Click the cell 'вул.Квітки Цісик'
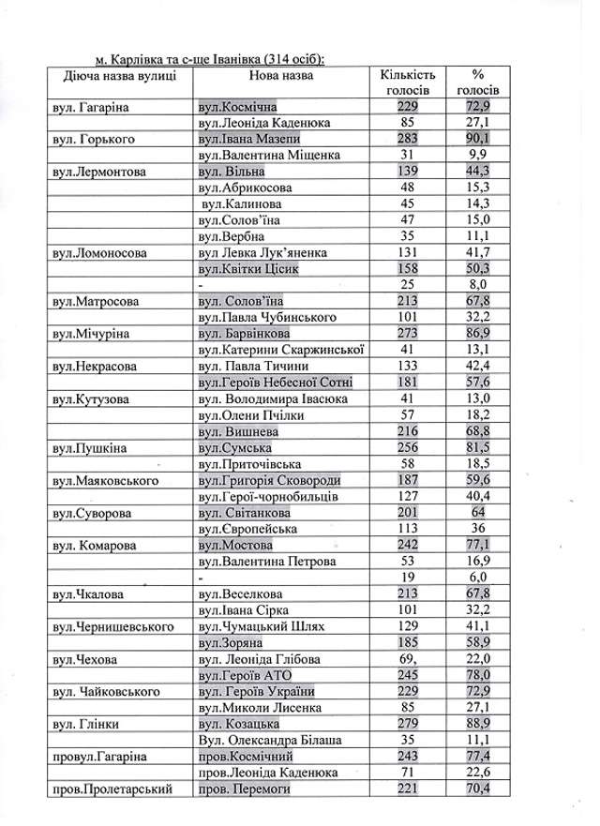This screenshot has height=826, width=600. [247, 269]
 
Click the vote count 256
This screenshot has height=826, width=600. [406, 447]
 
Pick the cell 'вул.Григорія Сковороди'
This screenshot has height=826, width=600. [266, 480]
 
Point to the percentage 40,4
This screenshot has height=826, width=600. [482, 496]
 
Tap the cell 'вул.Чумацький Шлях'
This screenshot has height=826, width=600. [258, 625]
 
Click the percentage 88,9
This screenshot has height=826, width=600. [482, 724]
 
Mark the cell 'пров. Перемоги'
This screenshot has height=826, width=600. [246, 788]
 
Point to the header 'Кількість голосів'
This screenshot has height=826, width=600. [406, 82]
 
